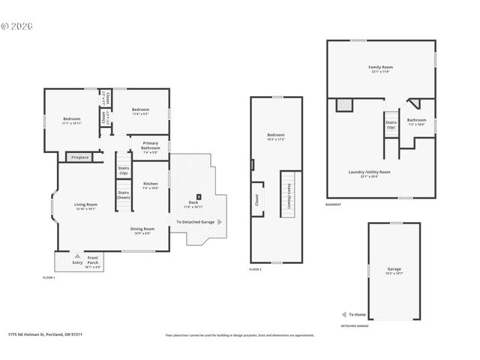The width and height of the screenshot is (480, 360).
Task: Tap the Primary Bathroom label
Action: pos(150,148)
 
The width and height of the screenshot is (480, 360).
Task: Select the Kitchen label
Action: pos(150,185)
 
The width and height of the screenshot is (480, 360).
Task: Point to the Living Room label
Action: pos(85,206)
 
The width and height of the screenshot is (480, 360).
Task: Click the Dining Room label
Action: pos(142,230)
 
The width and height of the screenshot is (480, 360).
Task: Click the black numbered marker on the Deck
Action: pos(199,196)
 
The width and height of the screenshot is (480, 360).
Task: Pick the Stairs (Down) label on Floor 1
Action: pos(123,194)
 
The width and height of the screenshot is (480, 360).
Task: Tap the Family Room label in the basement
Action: pos(381,69)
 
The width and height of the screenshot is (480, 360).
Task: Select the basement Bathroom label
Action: pos(416,121)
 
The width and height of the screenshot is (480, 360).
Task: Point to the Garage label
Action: pos(394,270)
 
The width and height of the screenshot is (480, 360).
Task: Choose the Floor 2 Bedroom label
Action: pos(276,137)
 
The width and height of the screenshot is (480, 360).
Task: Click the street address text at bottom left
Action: pos(45,335)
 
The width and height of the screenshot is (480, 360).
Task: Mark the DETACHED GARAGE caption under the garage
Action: pos(355,326)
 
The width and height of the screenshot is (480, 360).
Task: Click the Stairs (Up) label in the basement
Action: pos(391,124)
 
